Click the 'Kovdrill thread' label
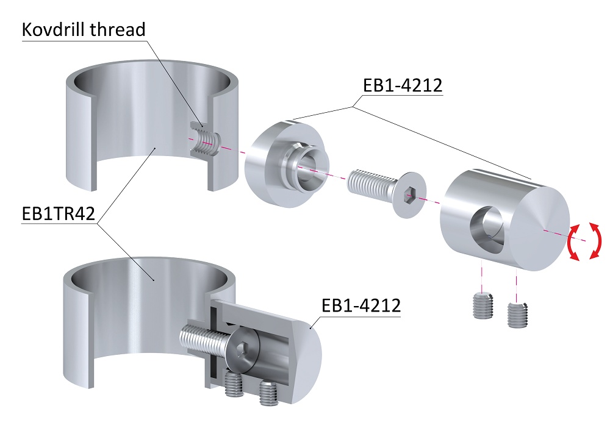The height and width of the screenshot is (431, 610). click(84, 29)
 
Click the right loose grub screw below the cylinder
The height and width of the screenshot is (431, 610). click(518, 313)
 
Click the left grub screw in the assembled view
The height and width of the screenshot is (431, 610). click(233, 385)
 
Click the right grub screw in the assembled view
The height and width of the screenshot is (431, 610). click(268, 393)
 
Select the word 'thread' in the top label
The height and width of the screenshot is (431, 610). click(120, 29)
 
